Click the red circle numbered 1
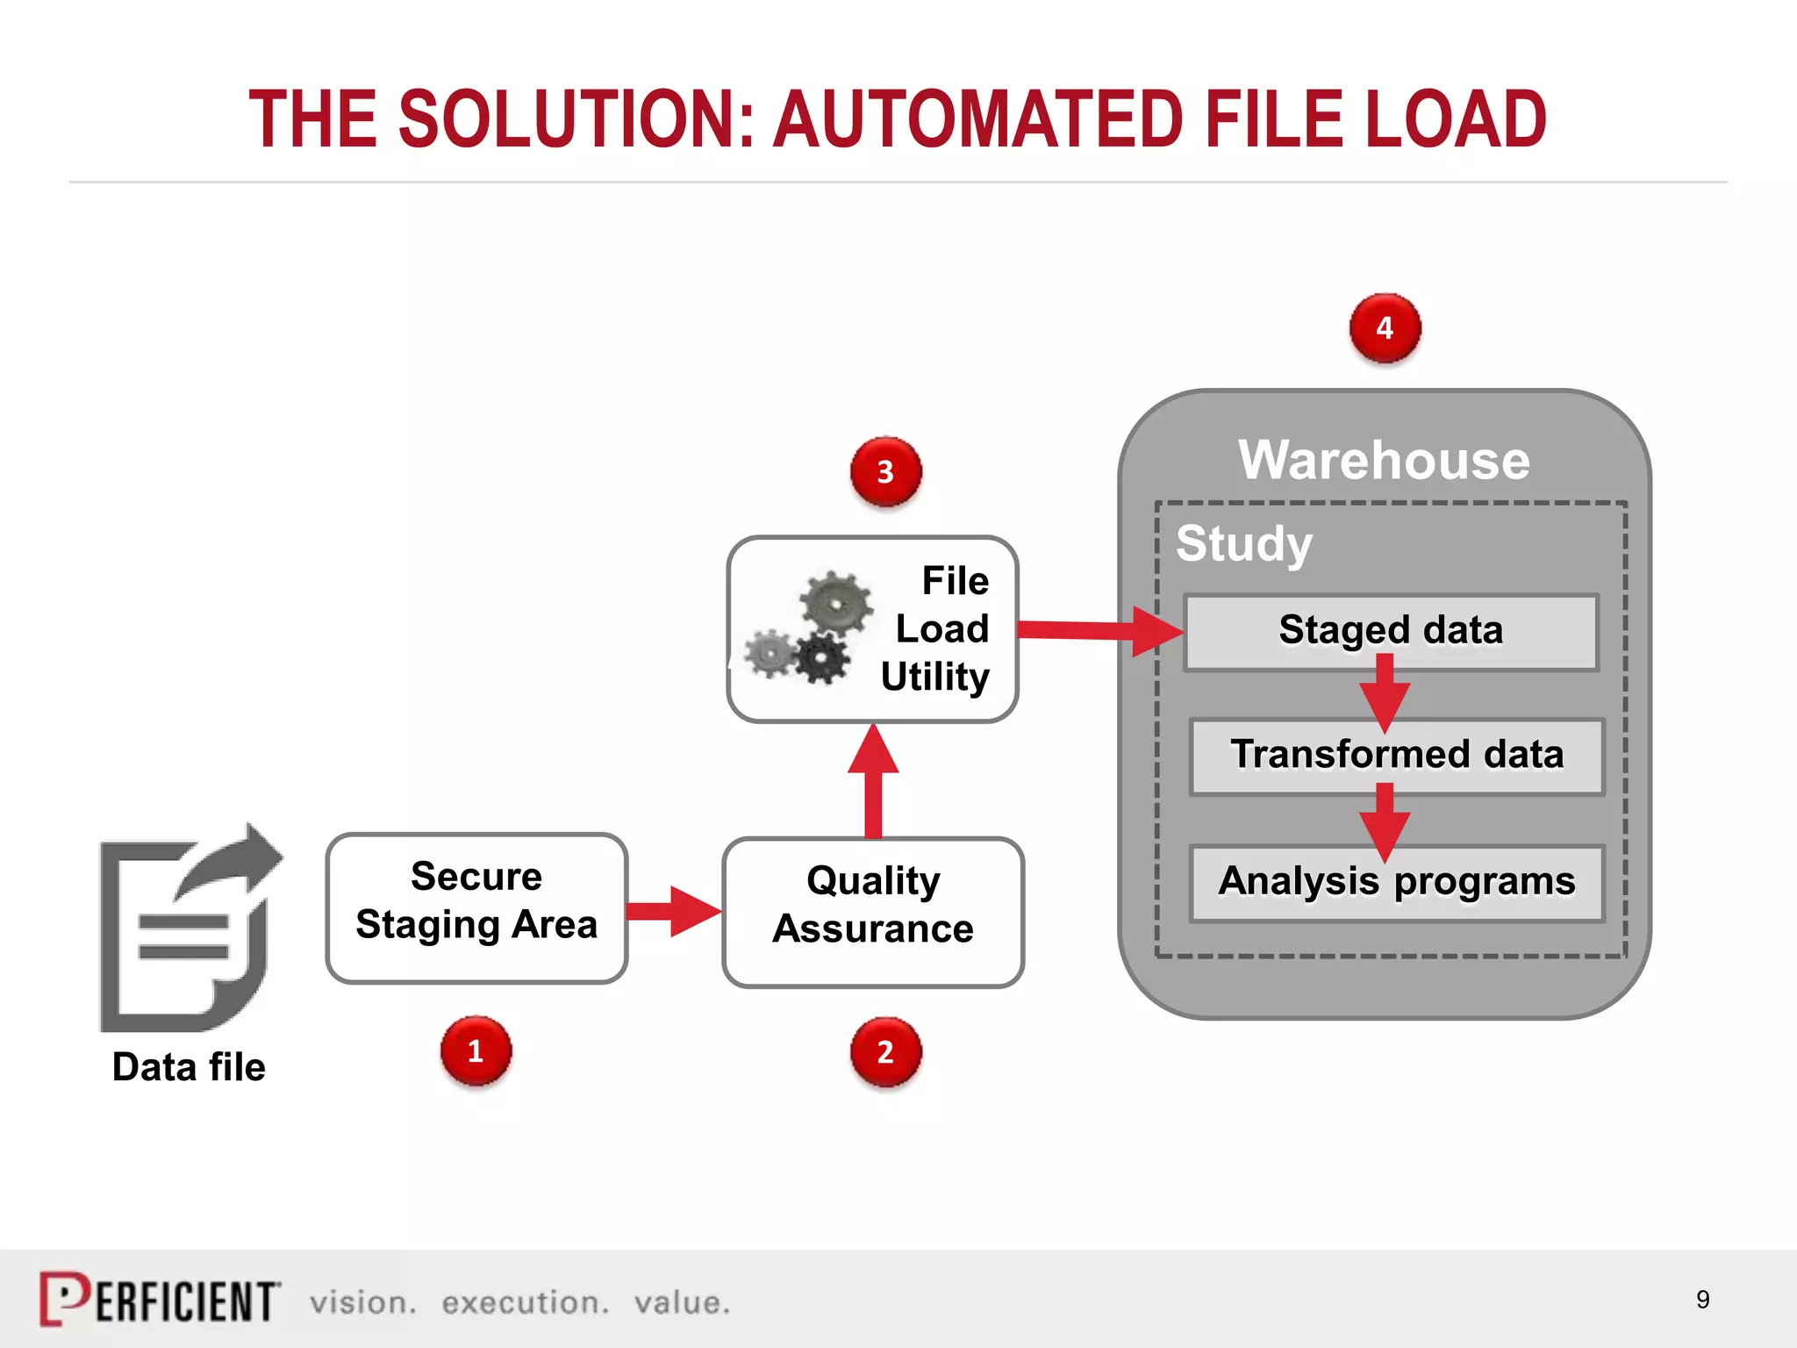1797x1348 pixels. click(x=476, y=1050)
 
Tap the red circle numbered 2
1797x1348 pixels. click(x=885, y=1051)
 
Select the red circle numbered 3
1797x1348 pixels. click(x=885, y=471)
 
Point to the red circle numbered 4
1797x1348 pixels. click(x=1385, y=328)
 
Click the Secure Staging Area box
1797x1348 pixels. click(x=476, y=907)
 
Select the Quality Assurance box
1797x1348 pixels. click(x=873, y=911)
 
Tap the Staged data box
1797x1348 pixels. click(x=1391, y=632)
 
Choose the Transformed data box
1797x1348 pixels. click(x=1396, y=756)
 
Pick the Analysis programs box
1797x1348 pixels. click(x=1396, y=882)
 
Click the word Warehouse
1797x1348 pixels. click(x=1384, y=460)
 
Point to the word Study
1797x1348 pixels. click(x=1243, y=543)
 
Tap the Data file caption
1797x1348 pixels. click(x=189, y=1067)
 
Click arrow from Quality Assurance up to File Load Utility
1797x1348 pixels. click(x=873, y=781)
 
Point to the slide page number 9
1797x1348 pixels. click(x=1702, y=1299)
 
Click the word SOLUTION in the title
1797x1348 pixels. click(x=576, y=119)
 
